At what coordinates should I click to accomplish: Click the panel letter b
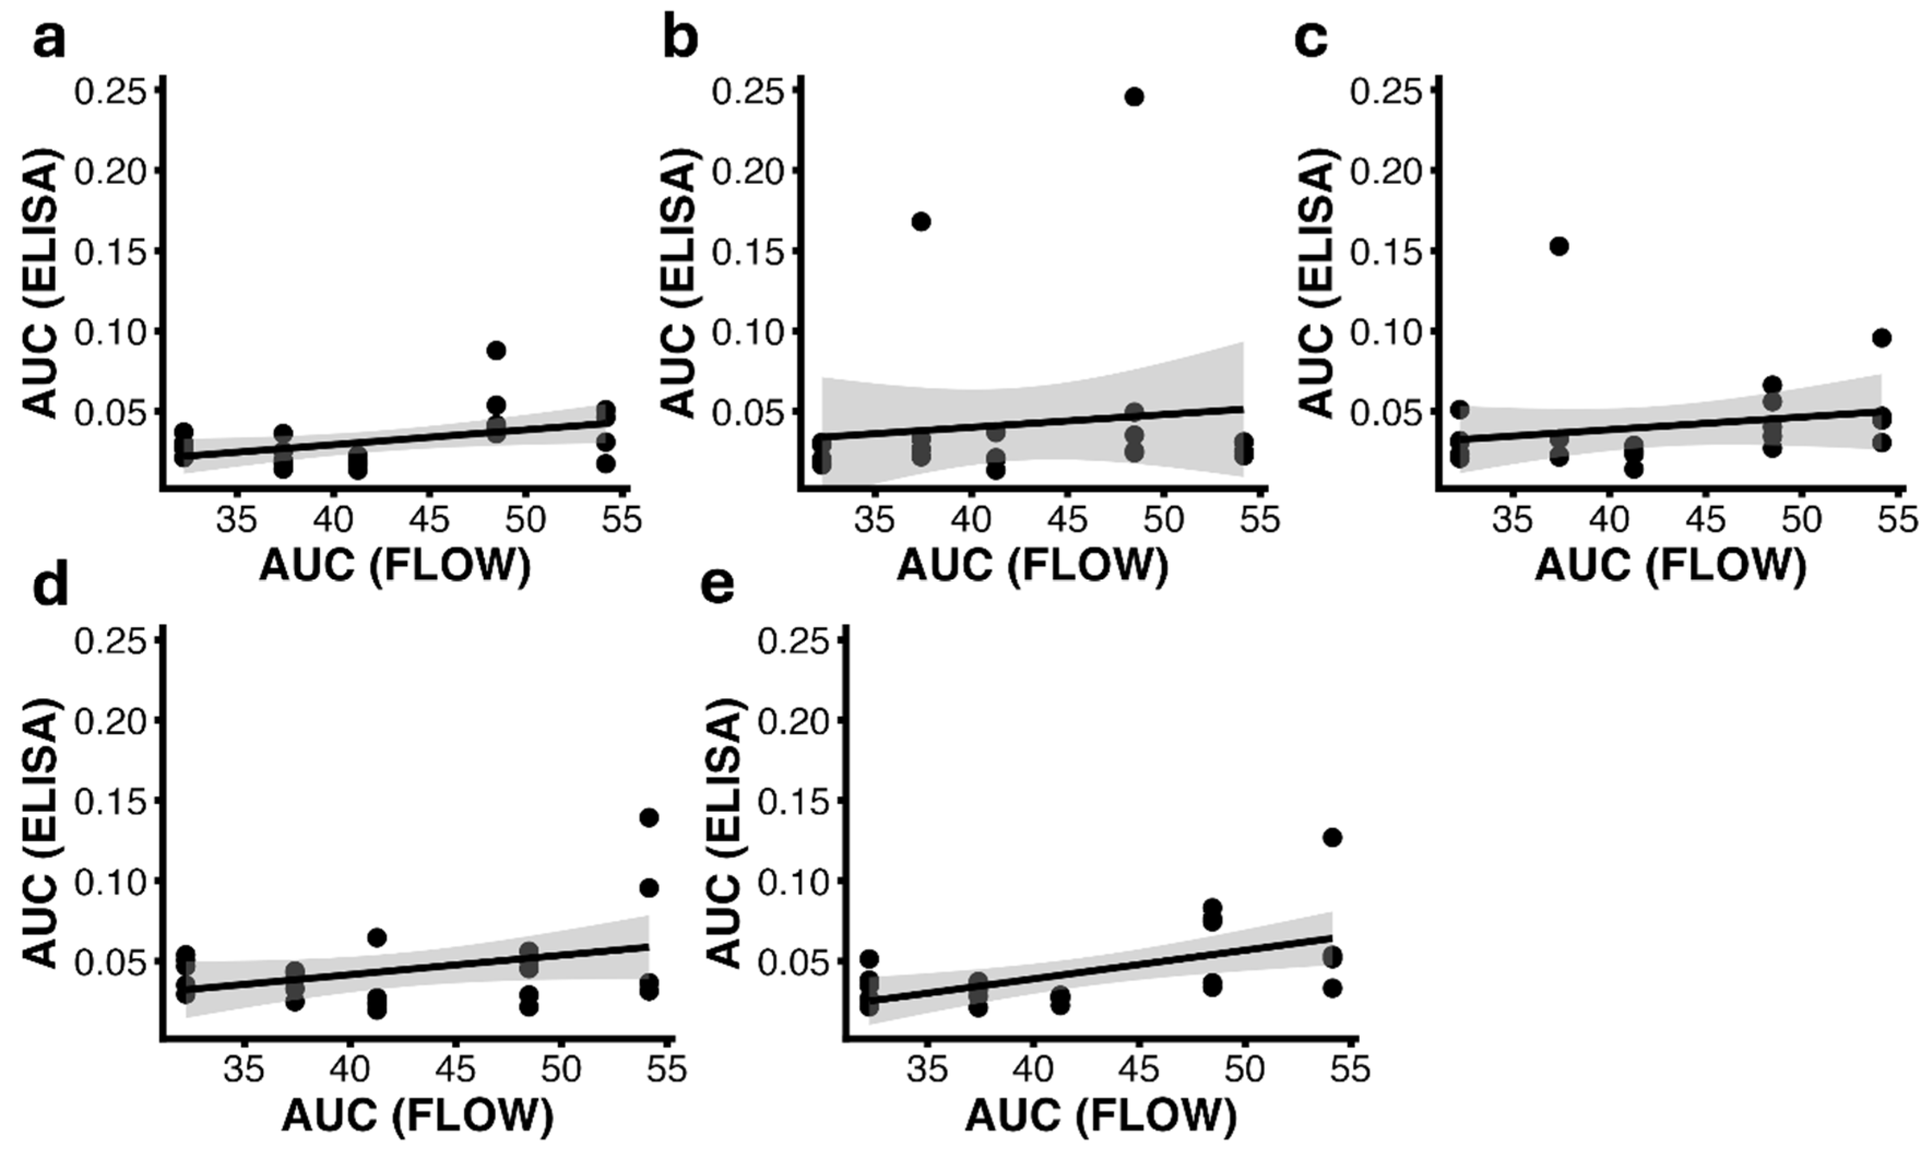pos(681,40)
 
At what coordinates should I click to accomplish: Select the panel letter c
pos(1312,40)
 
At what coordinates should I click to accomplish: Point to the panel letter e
pos(717,588)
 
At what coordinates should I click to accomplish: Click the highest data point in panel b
pos(1134,97)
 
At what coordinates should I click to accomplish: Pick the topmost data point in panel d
pos(649,817)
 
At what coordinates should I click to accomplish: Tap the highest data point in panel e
pos(1332,837)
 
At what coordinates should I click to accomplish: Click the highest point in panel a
pos(497,350)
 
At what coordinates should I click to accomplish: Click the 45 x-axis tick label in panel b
pos(1068,521)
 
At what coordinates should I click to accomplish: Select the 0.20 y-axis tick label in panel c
pos(1384,171)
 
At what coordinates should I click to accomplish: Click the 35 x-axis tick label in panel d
pos(245,1070)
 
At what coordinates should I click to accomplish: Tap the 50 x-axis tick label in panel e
pos(1244,1070)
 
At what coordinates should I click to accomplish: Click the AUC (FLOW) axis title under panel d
pos(418,1117)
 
